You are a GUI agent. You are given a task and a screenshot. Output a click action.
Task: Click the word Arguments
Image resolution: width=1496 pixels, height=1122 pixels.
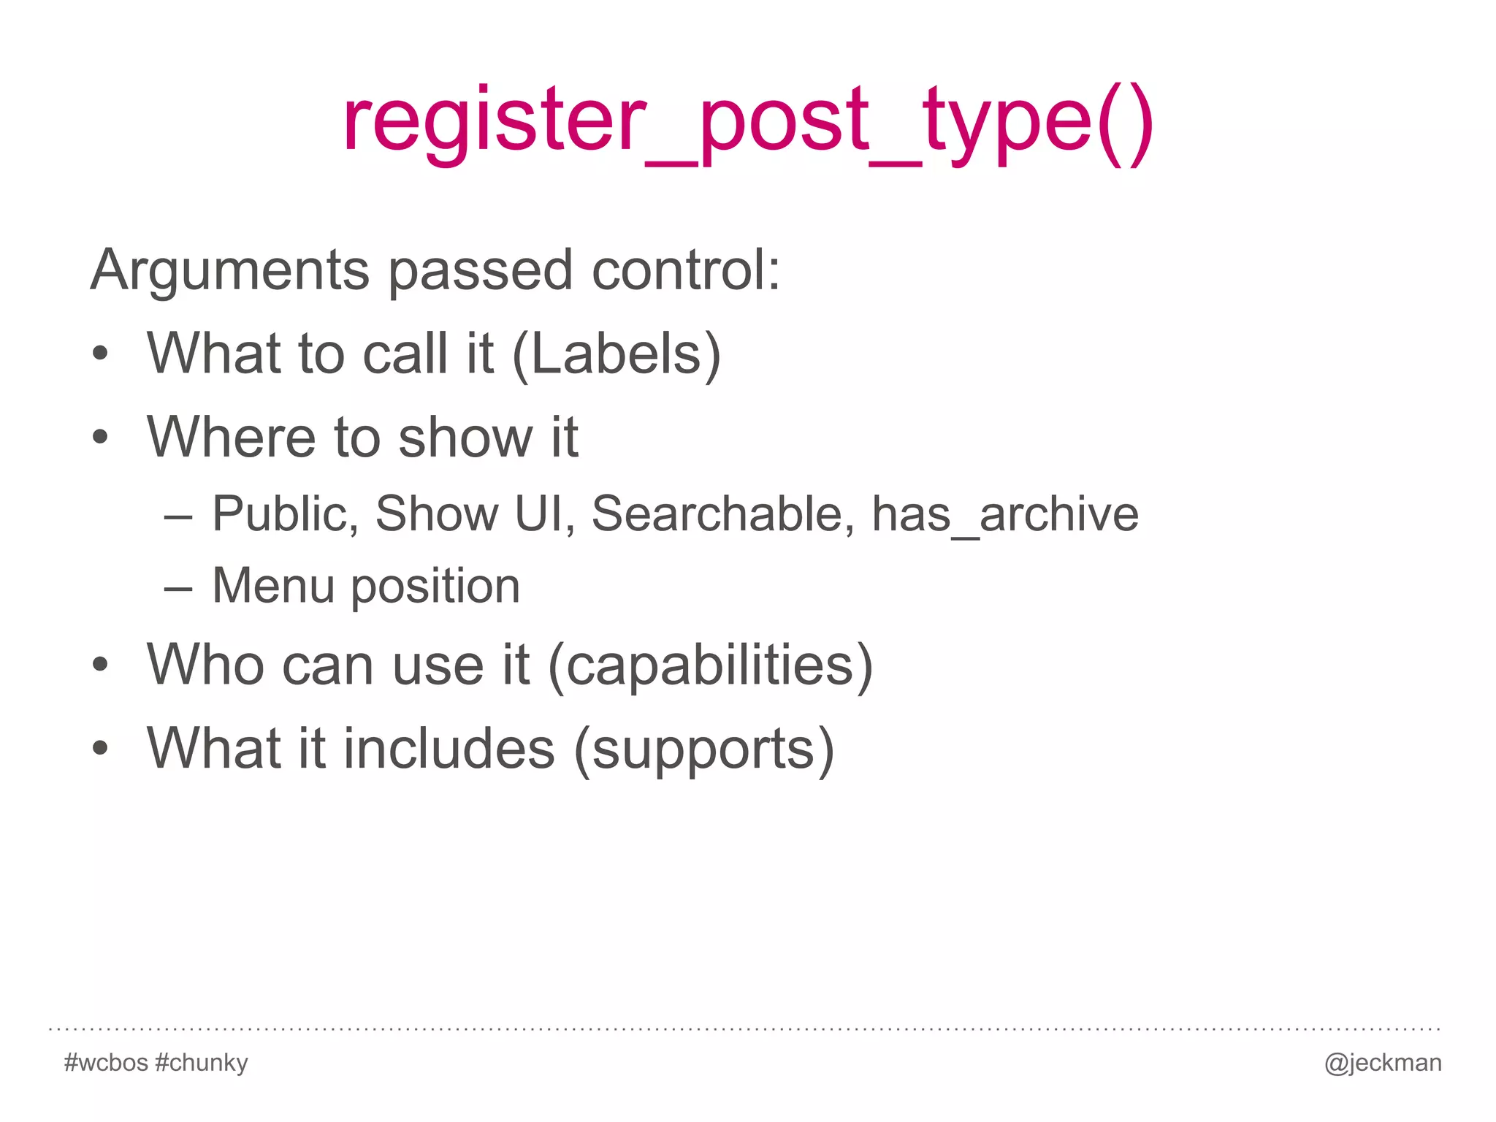click(229, 271)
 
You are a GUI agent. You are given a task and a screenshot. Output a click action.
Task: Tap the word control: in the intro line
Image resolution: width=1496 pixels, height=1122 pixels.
click(686, 271)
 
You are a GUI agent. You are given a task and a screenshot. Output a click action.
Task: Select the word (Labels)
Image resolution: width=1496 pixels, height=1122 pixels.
click(617, 354)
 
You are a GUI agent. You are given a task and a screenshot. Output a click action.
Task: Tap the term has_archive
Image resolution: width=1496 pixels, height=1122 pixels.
click(1005, 515)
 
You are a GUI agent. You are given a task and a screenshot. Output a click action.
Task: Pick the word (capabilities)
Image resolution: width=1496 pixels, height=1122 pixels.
click(710, 665)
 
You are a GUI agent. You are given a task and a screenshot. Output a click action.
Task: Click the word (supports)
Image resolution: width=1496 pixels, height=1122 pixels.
click(704, 749)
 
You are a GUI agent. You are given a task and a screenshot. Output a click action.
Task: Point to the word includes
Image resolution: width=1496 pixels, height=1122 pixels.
click(449, 749)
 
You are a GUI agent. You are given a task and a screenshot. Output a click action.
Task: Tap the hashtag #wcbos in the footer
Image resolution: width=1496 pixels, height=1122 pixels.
click(107, 1062)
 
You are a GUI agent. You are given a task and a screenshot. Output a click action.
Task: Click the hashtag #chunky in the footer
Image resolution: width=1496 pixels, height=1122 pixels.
click(202, 1062)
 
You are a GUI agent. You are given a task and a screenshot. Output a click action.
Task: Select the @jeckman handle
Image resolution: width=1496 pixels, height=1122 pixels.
click(1383, 1063)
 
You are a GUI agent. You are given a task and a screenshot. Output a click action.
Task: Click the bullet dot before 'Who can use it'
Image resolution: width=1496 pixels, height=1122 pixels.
click(101, 665)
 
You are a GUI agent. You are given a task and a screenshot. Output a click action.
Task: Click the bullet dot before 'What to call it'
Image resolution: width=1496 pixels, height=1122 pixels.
click(101, 354)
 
